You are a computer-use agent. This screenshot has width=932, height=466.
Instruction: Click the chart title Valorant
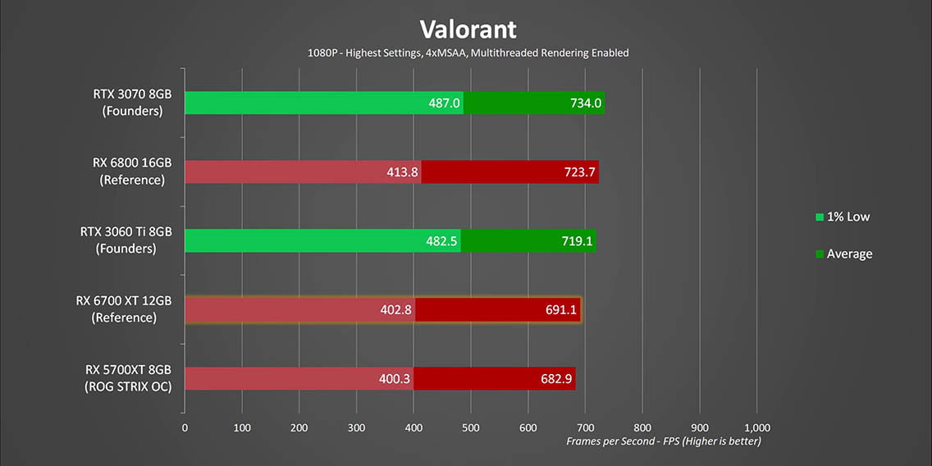click(468, 30)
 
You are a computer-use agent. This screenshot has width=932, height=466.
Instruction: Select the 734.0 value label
click(586, 103)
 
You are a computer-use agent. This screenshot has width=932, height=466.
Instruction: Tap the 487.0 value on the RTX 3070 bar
click(444, 103)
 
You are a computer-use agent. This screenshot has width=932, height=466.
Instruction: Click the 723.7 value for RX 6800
click(580, 172)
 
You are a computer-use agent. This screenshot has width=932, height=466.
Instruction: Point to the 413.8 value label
click(402, 172)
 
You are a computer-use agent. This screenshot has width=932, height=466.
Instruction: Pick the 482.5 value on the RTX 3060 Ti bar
click(441, 241)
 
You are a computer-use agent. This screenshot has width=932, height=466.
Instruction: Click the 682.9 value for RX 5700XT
click(556, 379)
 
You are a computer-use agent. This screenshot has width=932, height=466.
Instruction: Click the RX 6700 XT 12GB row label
click(124, 308)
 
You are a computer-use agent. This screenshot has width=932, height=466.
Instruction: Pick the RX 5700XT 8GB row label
click(128, 377)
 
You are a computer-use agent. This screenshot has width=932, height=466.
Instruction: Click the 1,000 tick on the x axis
click(756, 427)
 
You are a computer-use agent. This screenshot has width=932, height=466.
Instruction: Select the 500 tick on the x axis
click(471, 427)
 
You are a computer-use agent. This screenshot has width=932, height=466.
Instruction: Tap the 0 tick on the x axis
click(185, 427)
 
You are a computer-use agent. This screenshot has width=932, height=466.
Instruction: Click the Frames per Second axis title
click(663, 441)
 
